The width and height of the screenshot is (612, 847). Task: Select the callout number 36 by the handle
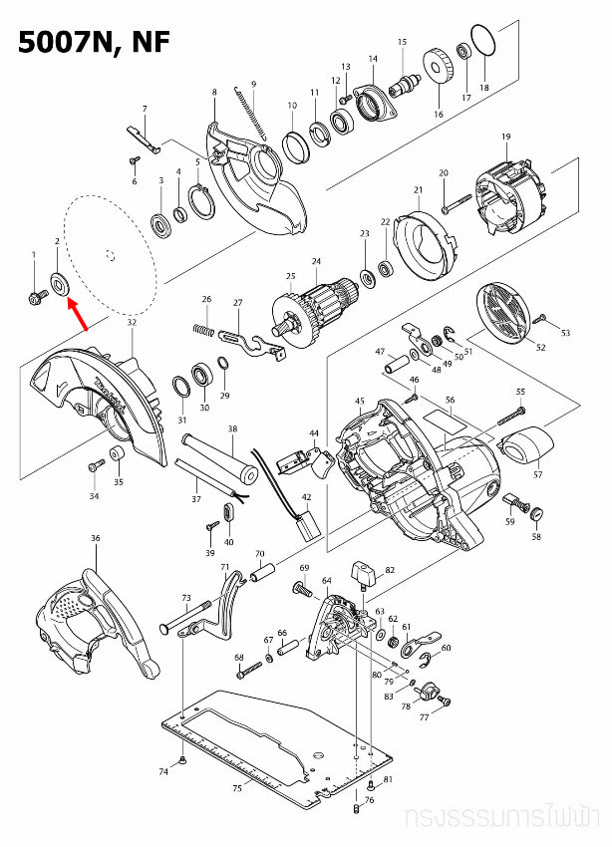(96, 539)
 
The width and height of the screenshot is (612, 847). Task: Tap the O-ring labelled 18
(482, 44)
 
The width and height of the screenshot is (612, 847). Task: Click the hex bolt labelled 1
(35, 295)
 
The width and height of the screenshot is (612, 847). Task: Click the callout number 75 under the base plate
(237, 788)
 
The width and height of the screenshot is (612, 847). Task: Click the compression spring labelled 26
(203, 327)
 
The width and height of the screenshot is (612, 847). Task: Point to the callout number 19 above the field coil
(506, 137)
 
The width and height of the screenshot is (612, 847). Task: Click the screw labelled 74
(186, 761)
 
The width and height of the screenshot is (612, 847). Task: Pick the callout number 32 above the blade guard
(132, 324)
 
